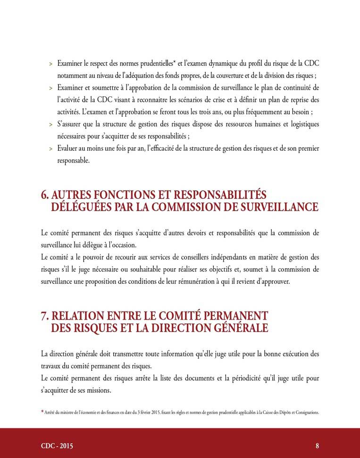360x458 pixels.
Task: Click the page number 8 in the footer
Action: [x=318, y=446]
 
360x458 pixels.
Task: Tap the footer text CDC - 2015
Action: [x=57, y=446]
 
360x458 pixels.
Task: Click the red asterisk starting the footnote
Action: [x=42, y=412]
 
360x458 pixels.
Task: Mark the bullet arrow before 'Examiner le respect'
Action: [x=50, y=63]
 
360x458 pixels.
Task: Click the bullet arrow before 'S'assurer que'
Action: [x=50, y=125]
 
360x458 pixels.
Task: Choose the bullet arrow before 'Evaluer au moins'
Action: [x=50, y=149]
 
